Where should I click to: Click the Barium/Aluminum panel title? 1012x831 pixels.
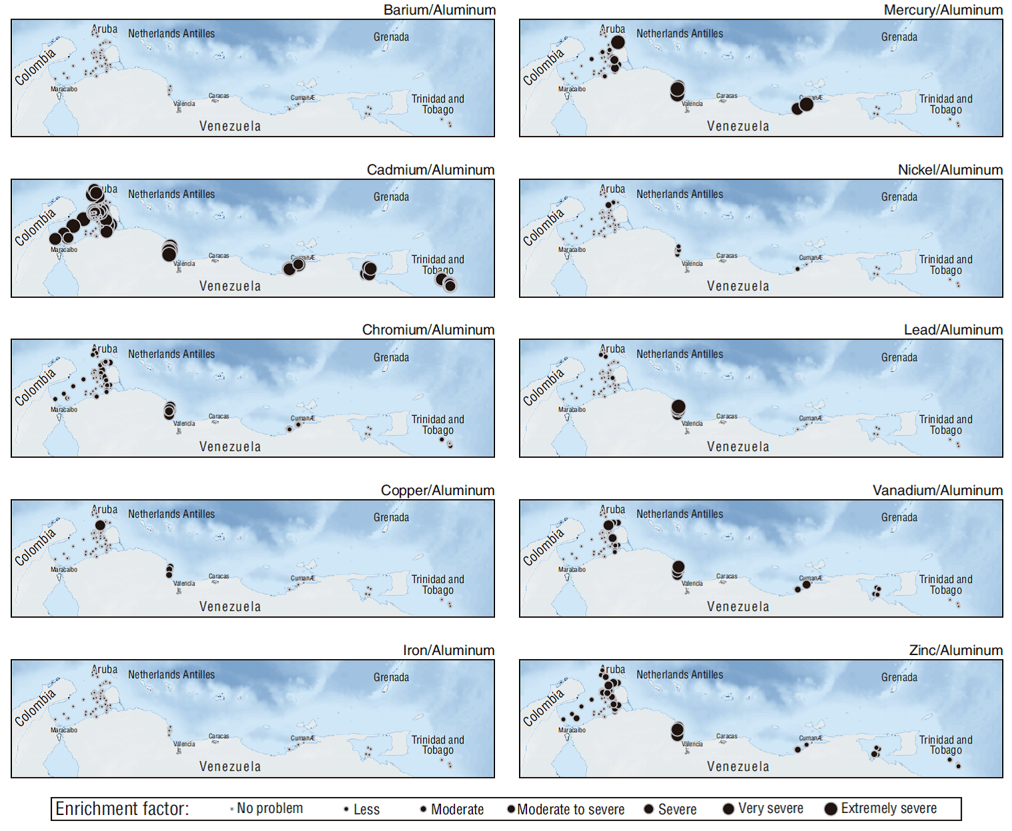pyautogui.click(x=439, y=10)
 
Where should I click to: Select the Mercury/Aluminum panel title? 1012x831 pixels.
pyautogui.click(x=943, y=10)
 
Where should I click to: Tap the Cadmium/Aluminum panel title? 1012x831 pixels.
pyautogui.click(x=430, y=170)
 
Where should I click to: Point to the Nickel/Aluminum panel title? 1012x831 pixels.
pyautogui.click(x=950, y=170)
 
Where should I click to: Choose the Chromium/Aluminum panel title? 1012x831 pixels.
pyautogui.click(x=428, y=330)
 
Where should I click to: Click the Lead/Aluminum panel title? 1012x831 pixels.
pyautogui.click(x=953, y=330)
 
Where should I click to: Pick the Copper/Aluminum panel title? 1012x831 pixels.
pyautogui.click(x=437, y=490)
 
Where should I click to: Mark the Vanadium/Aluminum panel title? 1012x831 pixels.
pyautogui.click(x=937, y=490)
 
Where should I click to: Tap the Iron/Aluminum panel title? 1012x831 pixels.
pyautogui.click(x=448, y=650)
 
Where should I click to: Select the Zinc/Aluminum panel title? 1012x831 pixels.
pyautogui.click(x=955, y=650)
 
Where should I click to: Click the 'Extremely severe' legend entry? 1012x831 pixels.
pyautogui.click(x=881, y=808)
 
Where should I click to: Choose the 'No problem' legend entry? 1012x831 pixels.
pyautogui.click(x=266, y=808)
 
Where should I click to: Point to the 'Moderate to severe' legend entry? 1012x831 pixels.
pyautogui.click(x=566, y=809)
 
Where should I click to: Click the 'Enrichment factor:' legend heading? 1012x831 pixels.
pyautogui.click(x=122, y=808)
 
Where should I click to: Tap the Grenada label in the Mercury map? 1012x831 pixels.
pyautogui.click(x=899, y=37)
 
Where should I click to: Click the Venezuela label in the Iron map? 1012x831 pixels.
pyautogui.click(x=230, y=766)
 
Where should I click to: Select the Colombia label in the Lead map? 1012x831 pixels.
pyautogui.click(x=543, y=387)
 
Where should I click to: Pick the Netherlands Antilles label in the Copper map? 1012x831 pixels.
pyautogui.click(x=171, y=514)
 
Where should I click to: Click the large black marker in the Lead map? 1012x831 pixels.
pyautogui.click(x=678, y=407)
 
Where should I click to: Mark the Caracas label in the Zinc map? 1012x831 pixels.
pyautogui.click(x=727, y=736)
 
